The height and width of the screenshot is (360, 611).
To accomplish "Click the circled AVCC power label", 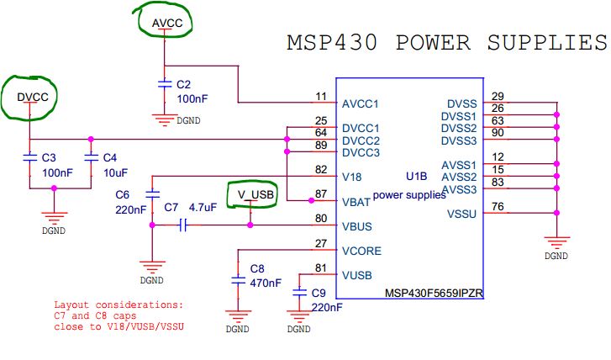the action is (167, 23).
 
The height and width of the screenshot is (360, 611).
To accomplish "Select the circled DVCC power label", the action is (33, 97).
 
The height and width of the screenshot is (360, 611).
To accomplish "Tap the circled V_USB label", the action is (255, 194).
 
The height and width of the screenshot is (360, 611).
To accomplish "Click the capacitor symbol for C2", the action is (165, 84).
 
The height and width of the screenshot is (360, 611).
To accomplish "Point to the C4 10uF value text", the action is (115, 172).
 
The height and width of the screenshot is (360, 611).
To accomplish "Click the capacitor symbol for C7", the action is (183, 225).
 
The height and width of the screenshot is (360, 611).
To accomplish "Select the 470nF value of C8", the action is (266, 283).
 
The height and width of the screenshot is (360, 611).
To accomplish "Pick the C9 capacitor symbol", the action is (299, 292).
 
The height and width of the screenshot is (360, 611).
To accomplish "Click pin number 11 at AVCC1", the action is (321, 97).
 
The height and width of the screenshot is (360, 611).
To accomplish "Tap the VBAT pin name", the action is (356, 202).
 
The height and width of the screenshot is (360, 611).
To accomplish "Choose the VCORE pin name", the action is (361, 251).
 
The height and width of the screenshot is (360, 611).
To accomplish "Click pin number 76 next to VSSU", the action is (498, 206).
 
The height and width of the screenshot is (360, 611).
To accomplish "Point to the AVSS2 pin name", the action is (459, 177).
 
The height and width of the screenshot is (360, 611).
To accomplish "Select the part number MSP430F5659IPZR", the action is (434, 293).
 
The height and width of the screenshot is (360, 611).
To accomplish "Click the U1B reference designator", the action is (417, 177).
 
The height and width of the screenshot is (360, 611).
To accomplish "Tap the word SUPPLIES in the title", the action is (547, 43).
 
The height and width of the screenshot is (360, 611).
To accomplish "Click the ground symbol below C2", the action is (165, 120).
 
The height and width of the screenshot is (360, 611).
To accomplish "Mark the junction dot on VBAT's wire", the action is (311, 200).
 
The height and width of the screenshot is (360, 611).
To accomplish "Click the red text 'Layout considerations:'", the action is (119, 304).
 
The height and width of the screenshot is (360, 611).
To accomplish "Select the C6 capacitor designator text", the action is (122, 194).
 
